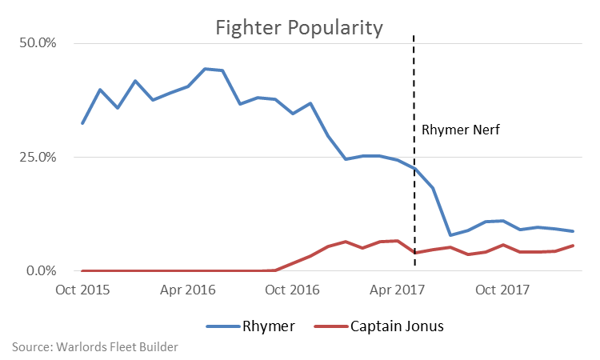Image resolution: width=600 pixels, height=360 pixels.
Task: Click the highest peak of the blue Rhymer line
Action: tap(206, 69)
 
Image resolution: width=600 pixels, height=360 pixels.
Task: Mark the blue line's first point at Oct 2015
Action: tap(82, 123)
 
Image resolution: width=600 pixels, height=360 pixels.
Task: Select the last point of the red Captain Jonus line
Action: tap(573, 246)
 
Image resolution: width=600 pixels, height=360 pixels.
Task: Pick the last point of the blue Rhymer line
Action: tap(573, 231)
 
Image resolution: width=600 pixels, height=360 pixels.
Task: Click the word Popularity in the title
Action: tap(333, 28)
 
